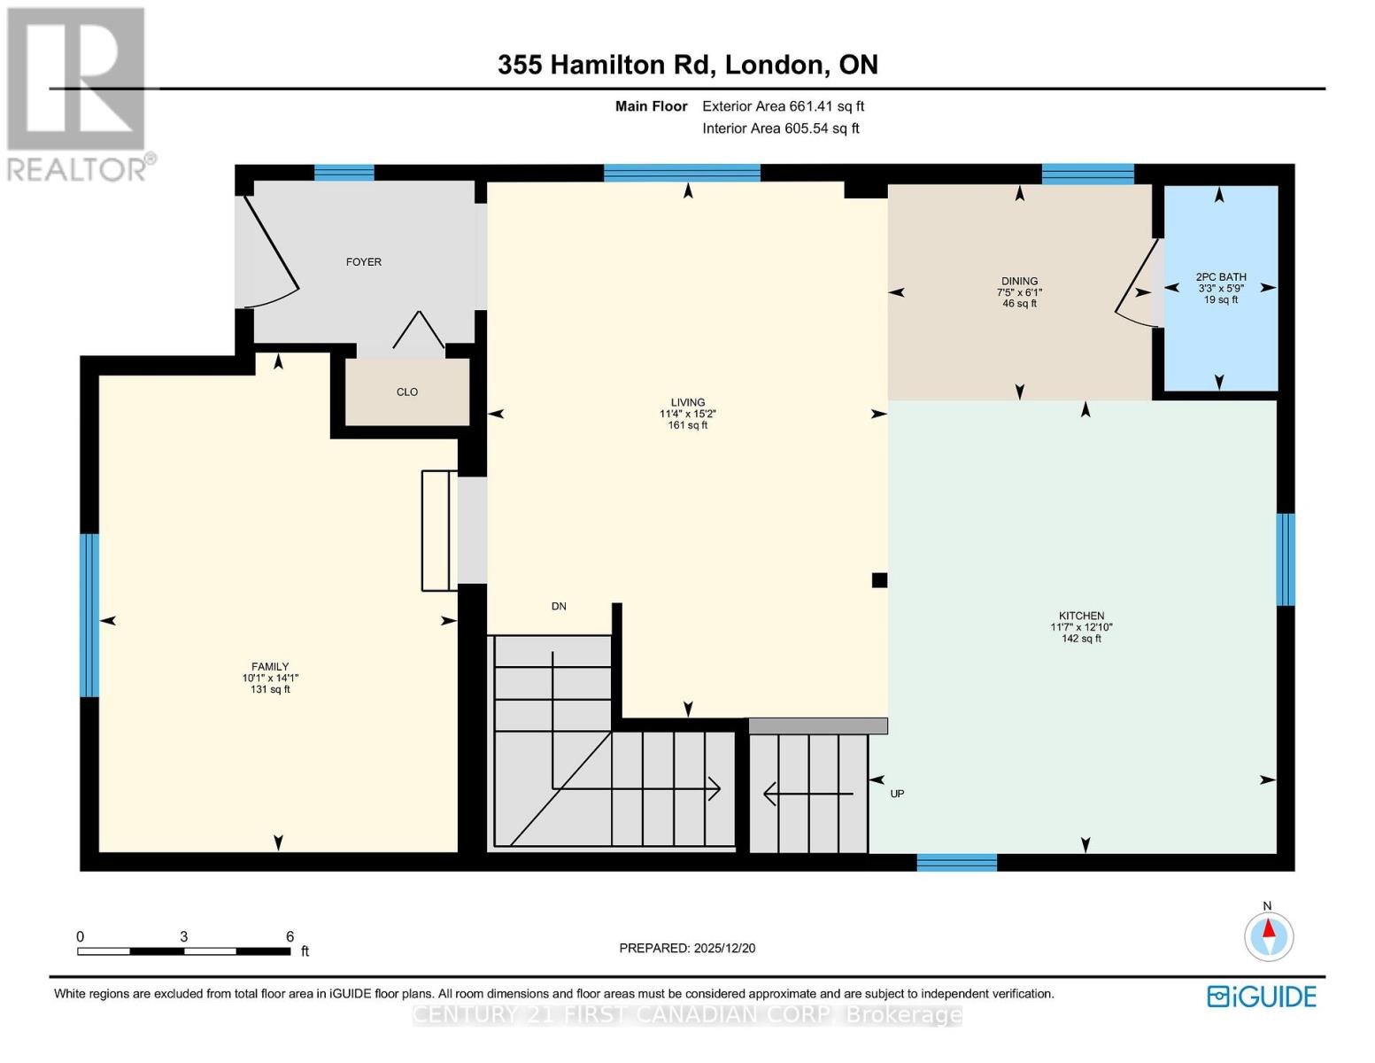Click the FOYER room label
(363, 262)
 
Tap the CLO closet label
(406, 392)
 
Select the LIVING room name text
(687, 402)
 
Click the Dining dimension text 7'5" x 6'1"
(1019, 292)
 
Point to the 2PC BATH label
(1220, 276)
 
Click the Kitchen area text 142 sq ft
(1081, 639)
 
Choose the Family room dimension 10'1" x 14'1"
(270, 679)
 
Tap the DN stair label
(559, 607)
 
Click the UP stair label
(897, 794)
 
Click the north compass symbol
(1269, 935)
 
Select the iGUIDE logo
(1262, 997)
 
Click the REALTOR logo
(78, 93)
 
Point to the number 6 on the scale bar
(290, 936)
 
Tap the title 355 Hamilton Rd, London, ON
(687, 65)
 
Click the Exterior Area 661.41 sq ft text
(783, 106)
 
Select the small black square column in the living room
(879, 580)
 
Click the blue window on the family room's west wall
(89, 615)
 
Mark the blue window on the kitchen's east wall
(1285, 559)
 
